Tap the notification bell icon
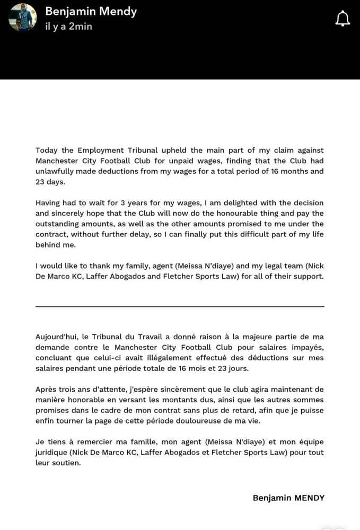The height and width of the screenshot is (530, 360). click(343, 19)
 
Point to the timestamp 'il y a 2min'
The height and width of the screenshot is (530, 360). click(68, 26)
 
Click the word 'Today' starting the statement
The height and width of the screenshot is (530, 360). click(47, 151)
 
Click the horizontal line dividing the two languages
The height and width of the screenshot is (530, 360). click(180, 306)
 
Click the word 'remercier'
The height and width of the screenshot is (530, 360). click(92, 441)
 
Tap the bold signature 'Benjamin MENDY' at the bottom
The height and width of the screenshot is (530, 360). click(288, 498)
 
